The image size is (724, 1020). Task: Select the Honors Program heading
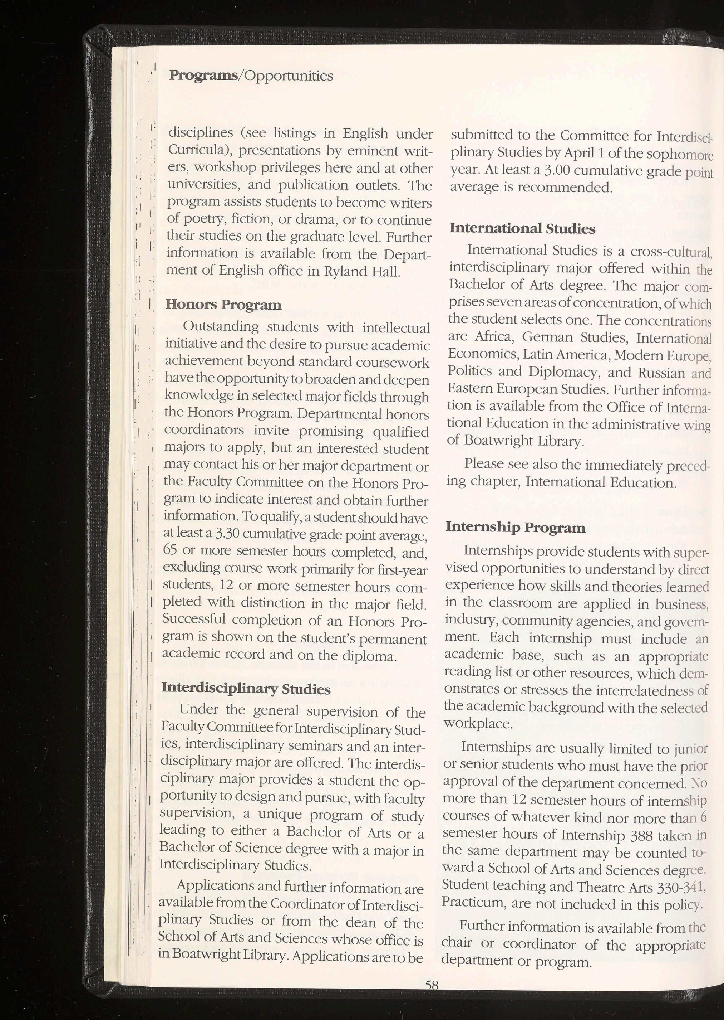pyautogui.click(x=223, y=305)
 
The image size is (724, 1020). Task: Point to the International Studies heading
pyautogui.click(x=522, y=228)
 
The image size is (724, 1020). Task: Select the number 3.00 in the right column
pyautogui.click(x=560, y=170)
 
